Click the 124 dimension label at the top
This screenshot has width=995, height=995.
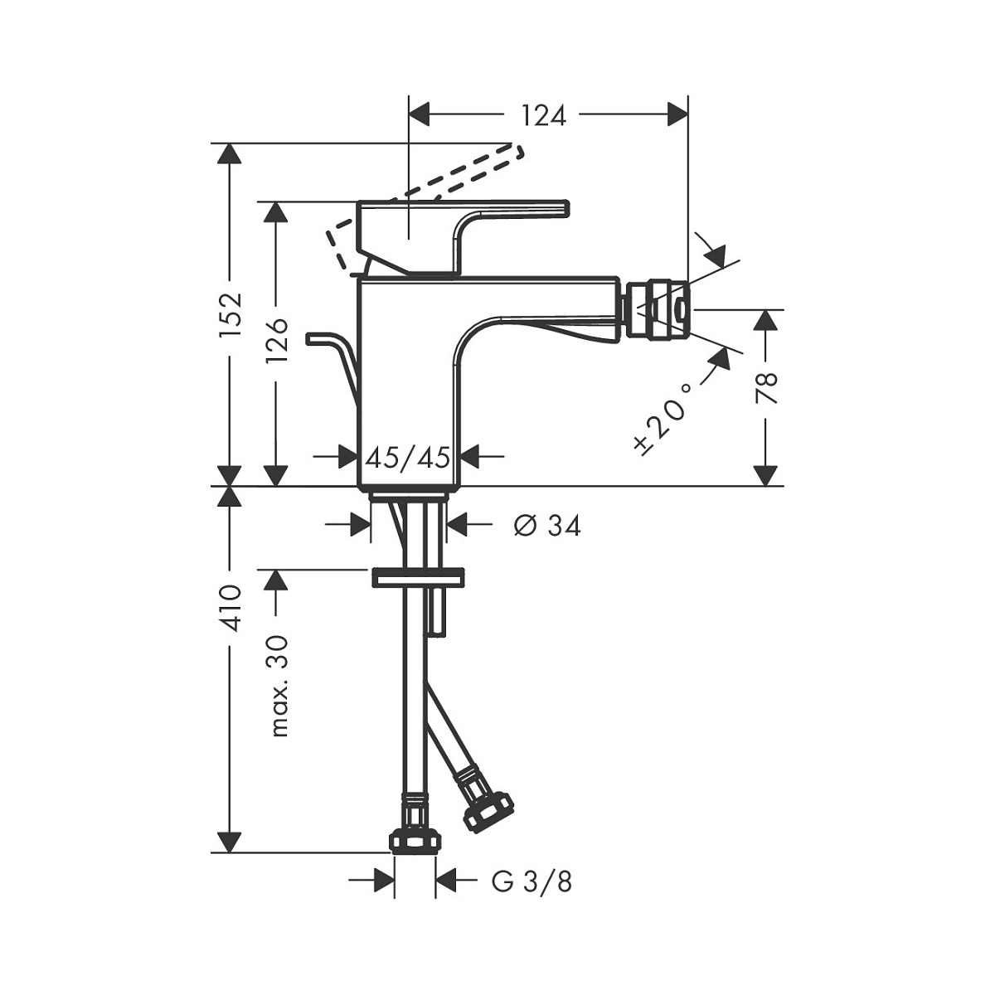click(544, 115)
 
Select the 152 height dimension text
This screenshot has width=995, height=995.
click(231, 315)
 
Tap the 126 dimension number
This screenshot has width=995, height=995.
click(277, 340)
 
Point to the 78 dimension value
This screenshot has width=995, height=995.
click(767, 387)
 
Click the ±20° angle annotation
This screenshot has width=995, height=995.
click(663, 419)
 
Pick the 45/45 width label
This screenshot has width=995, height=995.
click(408, 458)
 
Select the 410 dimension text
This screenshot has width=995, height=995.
click(231, 609)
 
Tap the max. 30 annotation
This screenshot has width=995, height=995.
click(278, 686)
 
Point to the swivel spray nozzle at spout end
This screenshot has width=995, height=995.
click(655, 310)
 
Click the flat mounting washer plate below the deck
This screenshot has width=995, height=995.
click(417, 577)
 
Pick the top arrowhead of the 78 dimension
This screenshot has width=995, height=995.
click(765, 321)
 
